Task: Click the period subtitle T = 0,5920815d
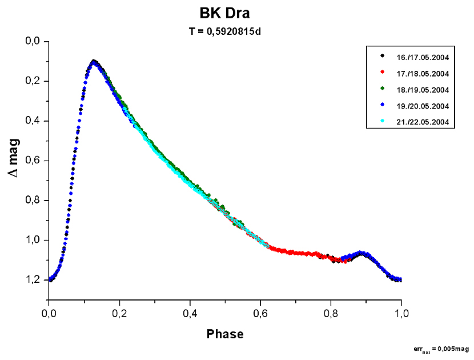coord(225,31)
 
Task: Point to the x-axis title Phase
coord(225,334)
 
